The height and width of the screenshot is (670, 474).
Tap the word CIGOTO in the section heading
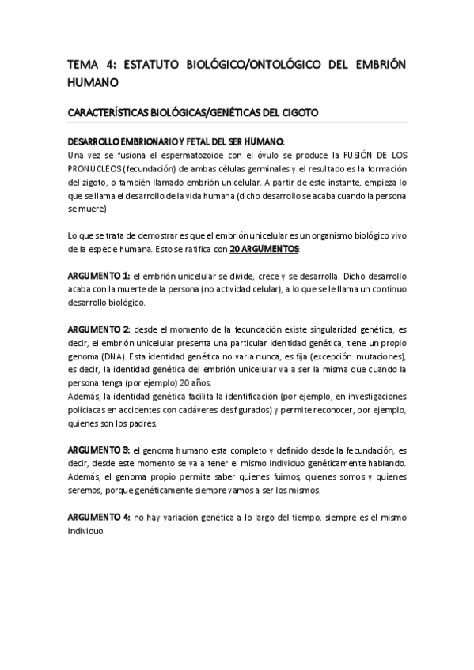click(298, 113)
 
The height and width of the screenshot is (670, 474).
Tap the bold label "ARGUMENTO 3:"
click(98, 449)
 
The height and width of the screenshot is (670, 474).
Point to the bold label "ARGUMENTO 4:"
click(98, 516)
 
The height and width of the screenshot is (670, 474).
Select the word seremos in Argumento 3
click(86, 490)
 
